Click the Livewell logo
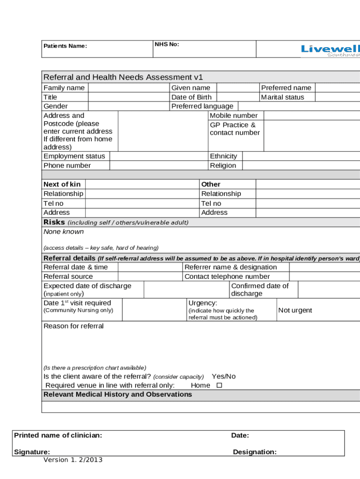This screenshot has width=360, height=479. [330, 50]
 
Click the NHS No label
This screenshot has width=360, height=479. [167, 44]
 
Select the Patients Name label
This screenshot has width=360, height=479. [65, 46]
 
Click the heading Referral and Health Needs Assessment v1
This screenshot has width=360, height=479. [123, 77]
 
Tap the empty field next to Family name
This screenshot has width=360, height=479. [128, 88]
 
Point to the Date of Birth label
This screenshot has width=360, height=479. [191, 97]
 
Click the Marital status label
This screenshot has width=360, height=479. [282, 97]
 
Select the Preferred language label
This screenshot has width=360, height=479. [202, 106]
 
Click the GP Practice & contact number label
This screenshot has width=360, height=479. [235, 129]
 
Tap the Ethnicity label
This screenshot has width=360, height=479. [223, 156]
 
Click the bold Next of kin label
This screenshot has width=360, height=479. [62, 184]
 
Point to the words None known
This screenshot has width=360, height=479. [64, 232]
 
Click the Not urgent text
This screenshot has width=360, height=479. [295, 311]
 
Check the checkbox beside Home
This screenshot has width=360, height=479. [219, 386]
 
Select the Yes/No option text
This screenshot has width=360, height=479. [223, 377]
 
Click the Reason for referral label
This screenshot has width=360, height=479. [73, 326]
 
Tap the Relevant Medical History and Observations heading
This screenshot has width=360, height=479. [117, 395]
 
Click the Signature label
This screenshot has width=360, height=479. [32, 452]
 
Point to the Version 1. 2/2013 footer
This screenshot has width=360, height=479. [73, 460]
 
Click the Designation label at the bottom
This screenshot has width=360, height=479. [255, 452]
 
